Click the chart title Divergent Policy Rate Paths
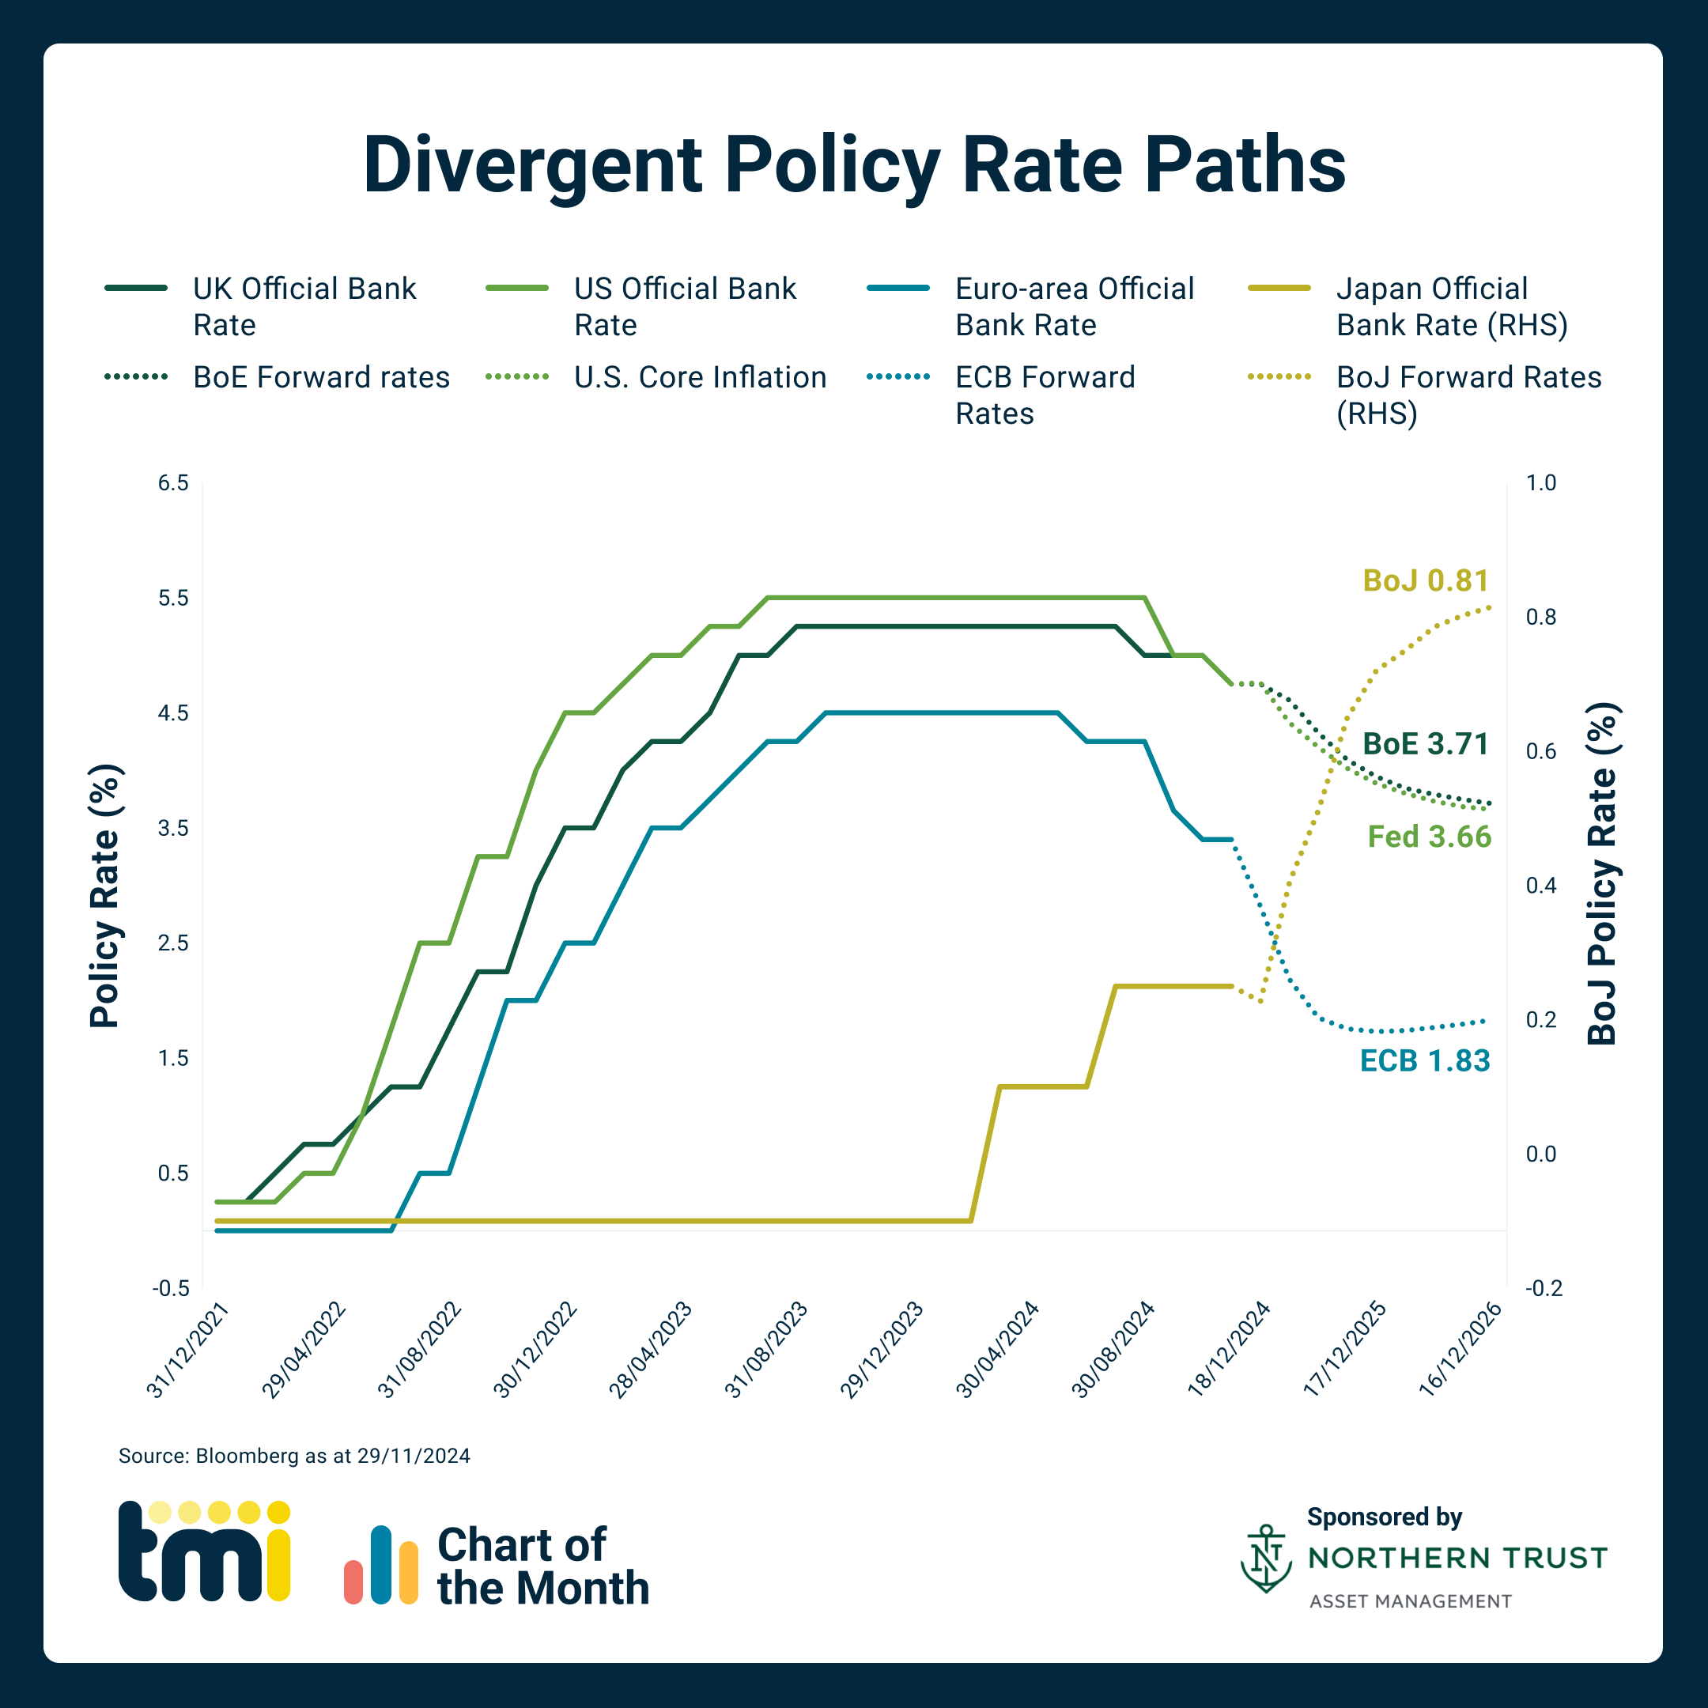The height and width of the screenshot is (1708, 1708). tap(854, 165)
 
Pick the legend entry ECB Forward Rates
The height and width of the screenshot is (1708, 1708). tap(1044, 395)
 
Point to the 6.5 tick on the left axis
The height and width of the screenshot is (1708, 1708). tap(173, 482)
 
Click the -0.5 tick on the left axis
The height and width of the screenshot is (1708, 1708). tap(171, 1288)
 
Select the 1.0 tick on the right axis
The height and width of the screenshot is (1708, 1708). tap(1541, 482)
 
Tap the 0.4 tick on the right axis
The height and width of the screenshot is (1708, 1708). tap(1541, 885)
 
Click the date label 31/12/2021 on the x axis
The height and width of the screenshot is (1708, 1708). tap(188, 1350)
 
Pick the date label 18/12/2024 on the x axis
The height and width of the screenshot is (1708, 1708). tap(1229, 1350)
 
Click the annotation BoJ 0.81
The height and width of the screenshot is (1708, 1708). tap(1425, 581)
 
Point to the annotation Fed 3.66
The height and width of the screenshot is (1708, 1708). tap(1429, 837)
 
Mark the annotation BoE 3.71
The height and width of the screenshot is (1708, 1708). tap(1425, 743)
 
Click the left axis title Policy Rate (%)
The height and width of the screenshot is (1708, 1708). tap(104, 896)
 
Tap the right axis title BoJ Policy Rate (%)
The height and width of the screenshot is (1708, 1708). tap(1601, 874)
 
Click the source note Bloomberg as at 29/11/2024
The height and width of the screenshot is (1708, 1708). tap(294, 1456)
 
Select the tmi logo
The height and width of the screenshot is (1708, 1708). tap(204, 1551)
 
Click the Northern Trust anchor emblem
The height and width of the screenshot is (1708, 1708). tap(1265, 1559)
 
